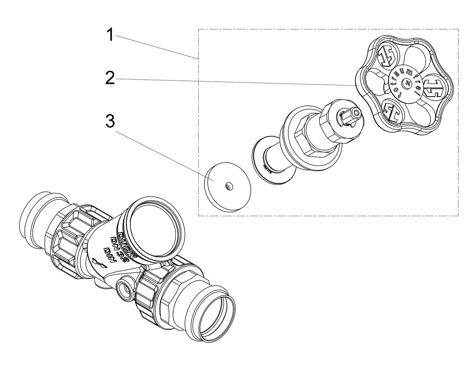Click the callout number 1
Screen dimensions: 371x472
pyautogui.click(x=110, y=35)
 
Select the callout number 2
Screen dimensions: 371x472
pyautogui.click(x=110, y=78)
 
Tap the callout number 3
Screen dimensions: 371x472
pyautogui.click(x=110, y=121)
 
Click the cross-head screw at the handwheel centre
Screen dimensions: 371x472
pyautogui.click(x=408, y=83)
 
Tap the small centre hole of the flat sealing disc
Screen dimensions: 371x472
pyautogui.click(x=227, y=186)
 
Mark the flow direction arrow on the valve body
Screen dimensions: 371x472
pyautogui.click(x=98, y=263)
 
